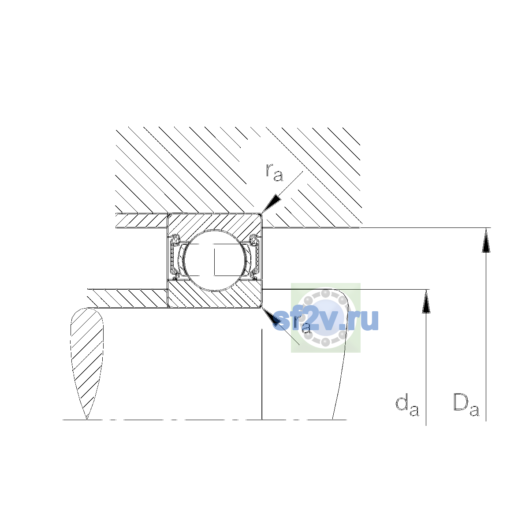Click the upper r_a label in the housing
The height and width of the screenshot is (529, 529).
(x=274, y=172)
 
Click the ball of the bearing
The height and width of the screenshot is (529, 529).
(x=215, y=260)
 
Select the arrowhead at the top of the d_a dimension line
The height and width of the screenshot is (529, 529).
(x=426, y=302)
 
